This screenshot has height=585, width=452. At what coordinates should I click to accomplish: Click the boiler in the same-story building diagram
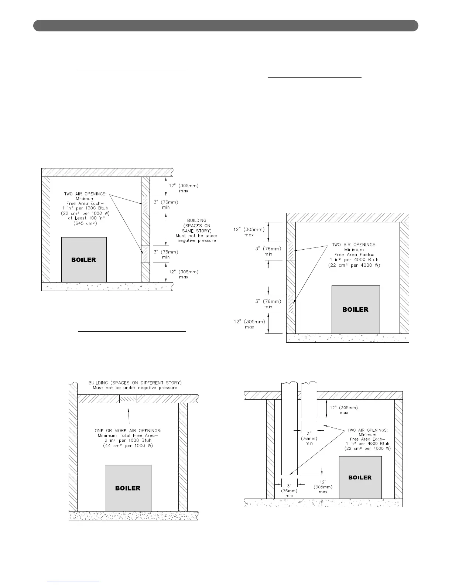tap(84, 260)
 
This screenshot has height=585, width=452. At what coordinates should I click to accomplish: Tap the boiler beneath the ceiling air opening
tap(128, 488)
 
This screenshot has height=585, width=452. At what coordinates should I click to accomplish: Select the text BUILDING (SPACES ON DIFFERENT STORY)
tap(135, 383)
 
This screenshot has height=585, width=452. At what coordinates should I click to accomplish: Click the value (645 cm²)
tap(85, 223)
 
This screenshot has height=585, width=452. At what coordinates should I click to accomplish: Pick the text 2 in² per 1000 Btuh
tap(128, 440)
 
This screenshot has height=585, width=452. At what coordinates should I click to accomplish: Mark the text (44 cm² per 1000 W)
tap(128, 445)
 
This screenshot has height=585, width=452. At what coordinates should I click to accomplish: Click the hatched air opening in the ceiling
tap(128, 399)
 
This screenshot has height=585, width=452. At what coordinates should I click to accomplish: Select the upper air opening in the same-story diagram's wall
tap(145, 204)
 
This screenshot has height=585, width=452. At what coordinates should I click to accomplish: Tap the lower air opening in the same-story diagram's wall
tap(145, 254)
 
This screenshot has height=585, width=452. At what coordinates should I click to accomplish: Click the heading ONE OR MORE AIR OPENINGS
tap(128, 431)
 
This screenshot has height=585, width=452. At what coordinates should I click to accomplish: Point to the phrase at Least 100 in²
tap(86, 218)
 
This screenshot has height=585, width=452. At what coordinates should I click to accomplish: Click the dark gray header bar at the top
tap(226, 26)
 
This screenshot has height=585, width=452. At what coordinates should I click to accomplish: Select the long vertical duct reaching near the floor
tap(289, 432)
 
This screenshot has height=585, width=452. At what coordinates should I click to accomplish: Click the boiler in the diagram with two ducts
tap(360, 477)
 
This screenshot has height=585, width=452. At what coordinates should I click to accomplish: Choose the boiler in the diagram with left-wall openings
tap(355, 309)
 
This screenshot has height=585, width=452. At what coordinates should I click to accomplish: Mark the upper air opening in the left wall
tap(291, 251)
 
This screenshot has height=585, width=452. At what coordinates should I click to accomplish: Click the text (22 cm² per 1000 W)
tap(85, 213)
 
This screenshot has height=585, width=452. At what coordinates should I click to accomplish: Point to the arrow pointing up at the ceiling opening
tap(129, 415)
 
